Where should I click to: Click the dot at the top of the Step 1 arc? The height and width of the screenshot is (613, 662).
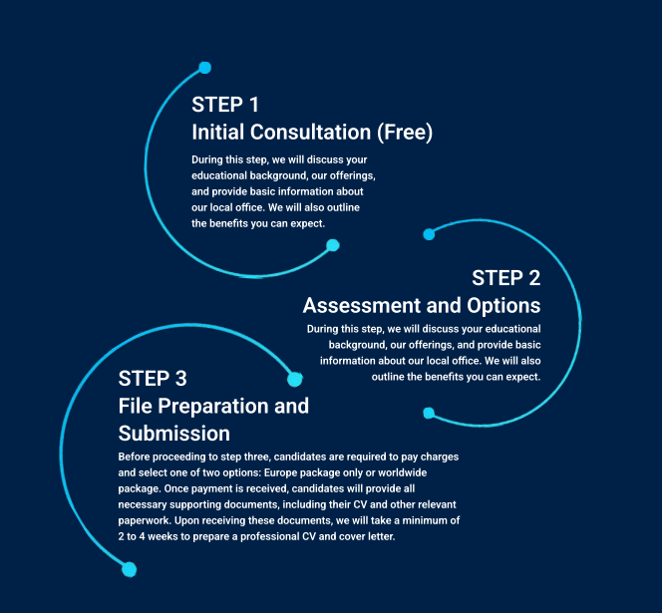pyautogui.click(x=204, y=68)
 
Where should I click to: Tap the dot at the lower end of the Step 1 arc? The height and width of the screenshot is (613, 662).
pyautogui.click(x=333, y=245)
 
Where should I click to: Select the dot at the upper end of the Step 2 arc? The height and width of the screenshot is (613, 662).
pyautogui.click(x=429, y=234)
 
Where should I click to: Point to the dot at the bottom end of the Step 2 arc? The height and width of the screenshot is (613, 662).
pyautogui.click(x=429, y=413)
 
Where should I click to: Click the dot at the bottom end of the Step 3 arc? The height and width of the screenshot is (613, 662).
pyautogui.click(x=130, y=569)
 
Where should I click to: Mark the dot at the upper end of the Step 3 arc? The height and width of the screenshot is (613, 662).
pyautogui.click(x=295, y=379)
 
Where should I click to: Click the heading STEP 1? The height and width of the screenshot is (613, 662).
pyautogui.click(x=225, y=105)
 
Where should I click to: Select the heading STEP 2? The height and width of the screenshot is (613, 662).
pyautogui.click(x=506, y=278)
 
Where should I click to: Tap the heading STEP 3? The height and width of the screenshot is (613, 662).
pyautogui.click(x=153, y=379)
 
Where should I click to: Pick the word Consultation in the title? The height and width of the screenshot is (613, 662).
pyautogui.click(x=311, y=133)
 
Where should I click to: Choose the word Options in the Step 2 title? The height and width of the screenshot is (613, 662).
pyautogui.click(x=503, y=306)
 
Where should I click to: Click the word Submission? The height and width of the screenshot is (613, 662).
pyautogui.click(x=174, y=434)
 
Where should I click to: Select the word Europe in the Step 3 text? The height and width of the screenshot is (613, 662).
pyautogui.click(x=279, y=472)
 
